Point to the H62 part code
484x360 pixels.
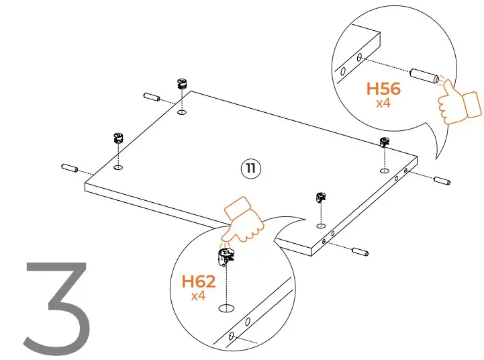199,281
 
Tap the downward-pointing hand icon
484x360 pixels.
243,220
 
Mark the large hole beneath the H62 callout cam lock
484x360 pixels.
227,308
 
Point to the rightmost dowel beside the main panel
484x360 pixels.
442,180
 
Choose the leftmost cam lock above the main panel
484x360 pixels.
118,139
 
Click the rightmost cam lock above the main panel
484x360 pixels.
385,142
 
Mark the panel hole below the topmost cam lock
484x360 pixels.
181,112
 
